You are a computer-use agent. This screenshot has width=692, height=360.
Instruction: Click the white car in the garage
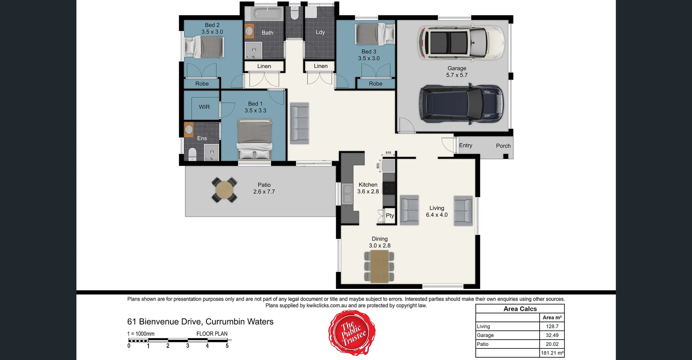461,43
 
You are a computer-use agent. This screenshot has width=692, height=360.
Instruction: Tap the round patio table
224,190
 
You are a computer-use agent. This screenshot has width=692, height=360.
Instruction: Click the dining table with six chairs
379,266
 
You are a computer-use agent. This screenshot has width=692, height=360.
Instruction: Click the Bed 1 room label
255,104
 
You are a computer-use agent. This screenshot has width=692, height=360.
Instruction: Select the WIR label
204,107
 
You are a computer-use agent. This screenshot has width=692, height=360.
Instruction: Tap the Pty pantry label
390,215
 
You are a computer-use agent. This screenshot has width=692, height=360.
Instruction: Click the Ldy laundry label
320,32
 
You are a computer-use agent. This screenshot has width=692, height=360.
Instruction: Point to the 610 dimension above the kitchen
388,153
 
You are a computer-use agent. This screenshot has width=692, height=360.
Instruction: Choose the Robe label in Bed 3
376,84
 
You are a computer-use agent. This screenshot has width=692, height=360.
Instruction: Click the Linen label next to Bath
264,66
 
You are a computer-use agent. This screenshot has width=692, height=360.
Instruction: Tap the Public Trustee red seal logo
352,333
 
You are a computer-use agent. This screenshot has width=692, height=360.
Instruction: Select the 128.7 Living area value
552,326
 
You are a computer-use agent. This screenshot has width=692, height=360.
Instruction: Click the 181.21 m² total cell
552,353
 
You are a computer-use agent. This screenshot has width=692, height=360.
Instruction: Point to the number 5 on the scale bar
227,346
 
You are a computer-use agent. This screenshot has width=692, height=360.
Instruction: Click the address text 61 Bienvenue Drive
200,321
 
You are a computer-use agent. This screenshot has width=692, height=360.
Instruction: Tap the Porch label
503,146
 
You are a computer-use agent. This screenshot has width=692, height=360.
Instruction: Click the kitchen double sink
347,194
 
